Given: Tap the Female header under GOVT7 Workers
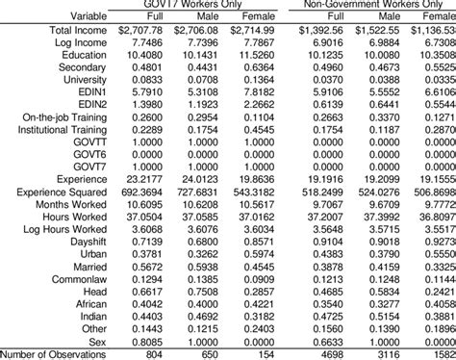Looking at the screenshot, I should point(255,15).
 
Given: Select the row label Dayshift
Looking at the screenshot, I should point(82,242).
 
